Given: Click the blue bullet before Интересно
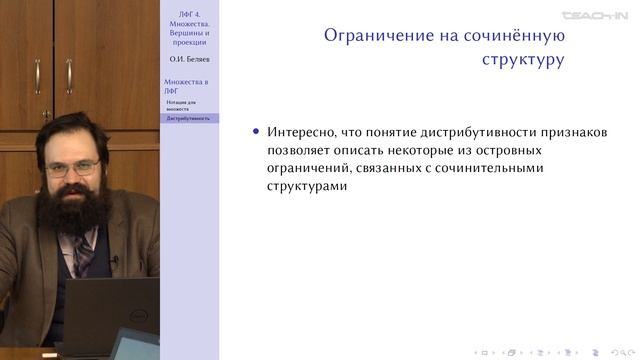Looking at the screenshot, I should pos(257,132).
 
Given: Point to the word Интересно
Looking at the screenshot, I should pos(300,132).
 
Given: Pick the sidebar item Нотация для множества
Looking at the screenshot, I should pos(184,105).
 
